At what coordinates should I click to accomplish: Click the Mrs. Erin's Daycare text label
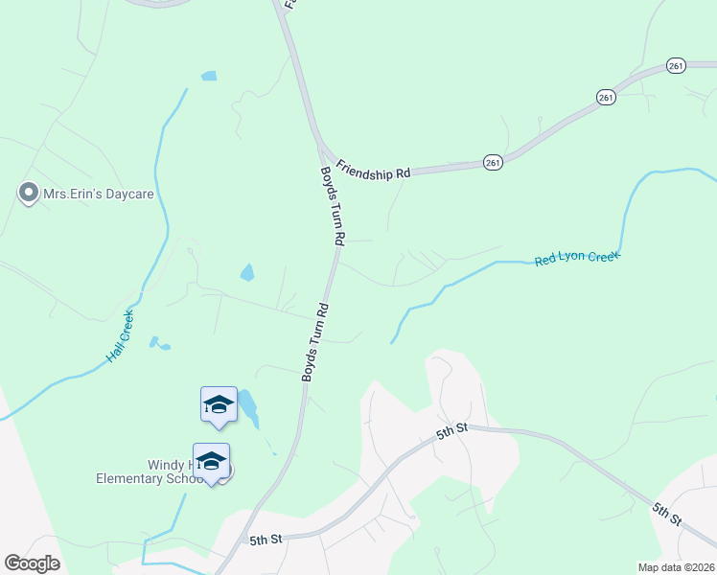tap(98, 195)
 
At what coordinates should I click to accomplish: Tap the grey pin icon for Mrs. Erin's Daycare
tap(29, 194)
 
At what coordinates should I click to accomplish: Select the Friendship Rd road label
tap(373, 169)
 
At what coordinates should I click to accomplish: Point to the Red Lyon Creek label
tap(577, 258)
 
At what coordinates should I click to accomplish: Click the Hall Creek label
tap(121, 336)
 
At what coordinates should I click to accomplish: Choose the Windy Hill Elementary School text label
tap(150, 471)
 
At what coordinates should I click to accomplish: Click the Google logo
tap(32, 563)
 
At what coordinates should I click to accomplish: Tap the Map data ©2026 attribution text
tap(675, 566)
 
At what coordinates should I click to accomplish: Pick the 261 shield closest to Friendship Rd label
tap(493, 163)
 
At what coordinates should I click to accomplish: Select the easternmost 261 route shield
tap(677, 65)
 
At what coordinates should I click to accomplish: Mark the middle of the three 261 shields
tap(605, 98)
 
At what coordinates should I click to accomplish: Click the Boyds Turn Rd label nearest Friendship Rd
tap(331, 205)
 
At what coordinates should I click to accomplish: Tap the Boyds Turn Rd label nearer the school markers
tap(315, 342)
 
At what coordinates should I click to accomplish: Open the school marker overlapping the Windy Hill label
tap(211, 462)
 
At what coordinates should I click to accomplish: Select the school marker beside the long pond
tap(219, 403)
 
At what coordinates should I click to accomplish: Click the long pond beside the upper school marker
tap(247, 408)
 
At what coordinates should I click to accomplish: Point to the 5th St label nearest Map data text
tap(667, 514)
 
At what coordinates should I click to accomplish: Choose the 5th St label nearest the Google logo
tap(265, 540)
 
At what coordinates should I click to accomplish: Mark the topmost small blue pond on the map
tap(209, 76)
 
